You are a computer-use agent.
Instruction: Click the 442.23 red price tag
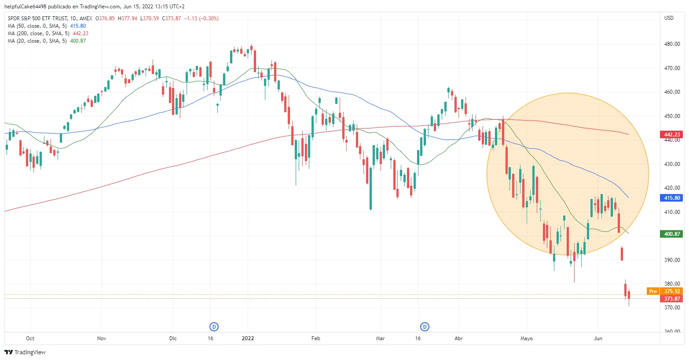tap(671, 135)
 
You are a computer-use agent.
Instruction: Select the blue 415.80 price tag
tap(671, 198)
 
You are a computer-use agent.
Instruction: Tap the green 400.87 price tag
tap(671, 234)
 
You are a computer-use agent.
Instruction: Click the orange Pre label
tap(653, 291)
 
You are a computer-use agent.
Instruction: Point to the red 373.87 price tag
tap(671, 299)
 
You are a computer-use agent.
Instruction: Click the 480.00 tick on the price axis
tap(672, 44)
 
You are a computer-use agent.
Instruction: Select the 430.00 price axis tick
tap(672, 164)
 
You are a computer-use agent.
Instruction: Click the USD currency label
tap(669, 18)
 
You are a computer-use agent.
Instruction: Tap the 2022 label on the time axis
tap(248, 338)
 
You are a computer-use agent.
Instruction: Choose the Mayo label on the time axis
tap(526, 338)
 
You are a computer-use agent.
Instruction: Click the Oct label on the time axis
tap(30, 338)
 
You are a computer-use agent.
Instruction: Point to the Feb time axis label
tap(315, 338)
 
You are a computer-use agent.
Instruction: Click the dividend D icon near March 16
tap(425, 327)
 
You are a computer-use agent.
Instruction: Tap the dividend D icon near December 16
tap(214, 327)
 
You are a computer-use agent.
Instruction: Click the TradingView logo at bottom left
tap(25, 352)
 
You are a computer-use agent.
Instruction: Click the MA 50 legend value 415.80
tap(78, 26)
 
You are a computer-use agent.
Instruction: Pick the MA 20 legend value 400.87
tap(78, 41)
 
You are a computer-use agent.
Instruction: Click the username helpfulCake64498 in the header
tap(25, 7)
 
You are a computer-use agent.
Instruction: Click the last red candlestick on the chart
tap(629, 295)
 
